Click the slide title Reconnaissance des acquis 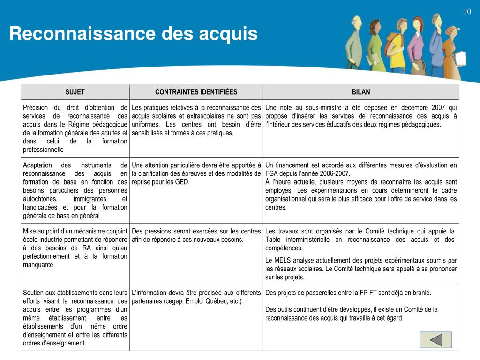click(x=134, y=34)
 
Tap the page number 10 click(x=467, y=12)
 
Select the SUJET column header click(x=75, y=92)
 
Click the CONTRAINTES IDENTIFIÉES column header click(x=196, y=92)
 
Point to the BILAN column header click(x=361, y=92)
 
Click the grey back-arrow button click(x=436, y=340)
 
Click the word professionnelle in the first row click(x=43, y=150)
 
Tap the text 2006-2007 click(x=333, y=173)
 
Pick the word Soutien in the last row click(x=33, y=293)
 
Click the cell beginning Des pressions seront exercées click(x=196, y=235)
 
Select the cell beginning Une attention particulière click(x=196, y=173)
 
